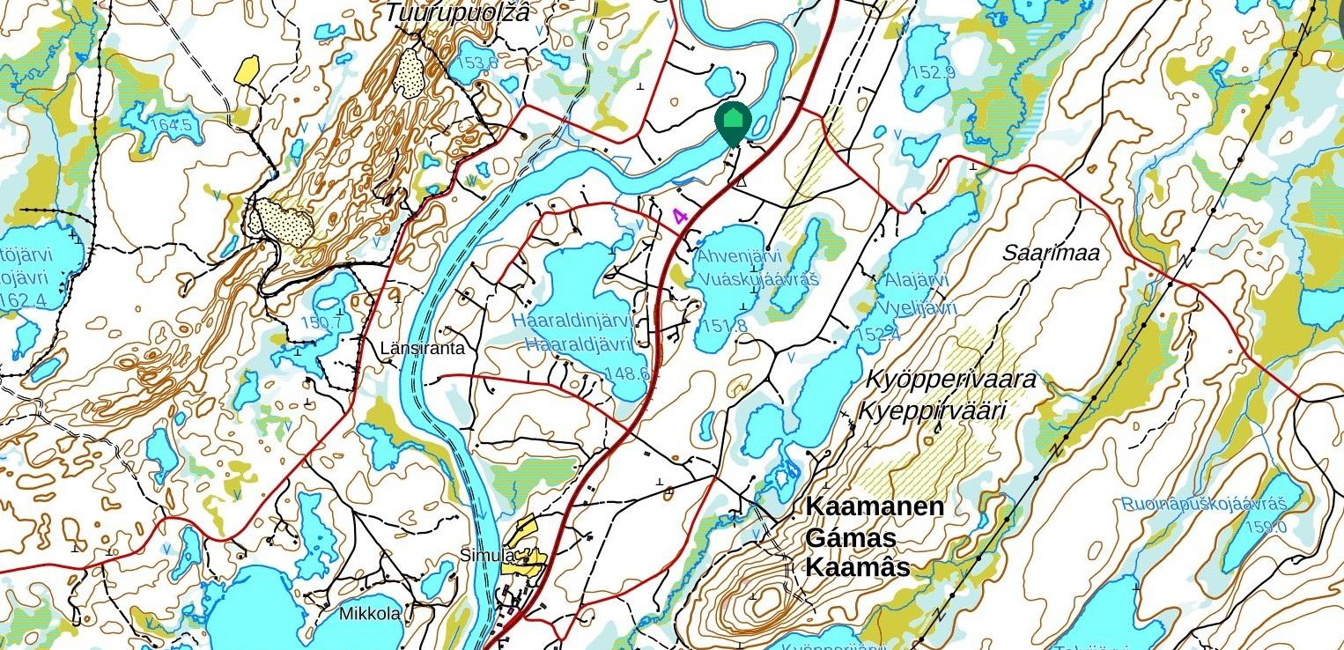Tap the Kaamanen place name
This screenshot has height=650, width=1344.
tap(875, 507)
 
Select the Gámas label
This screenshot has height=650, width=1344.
tap(851, 538)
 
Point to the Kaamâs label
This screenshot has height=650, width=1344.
tap(857, 568)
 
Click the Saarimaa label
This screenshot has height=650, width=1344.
tap(1052, 254)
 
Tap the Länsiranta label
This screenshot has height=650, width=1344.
tap(422, 349)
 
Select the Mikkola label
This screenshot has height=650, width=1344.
tap(370, 613)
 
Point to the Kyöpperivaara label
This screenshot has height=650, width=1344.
tap(951, 380)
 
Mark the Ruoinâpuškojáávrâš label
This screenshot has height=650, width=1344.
tap(1204, 505)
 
